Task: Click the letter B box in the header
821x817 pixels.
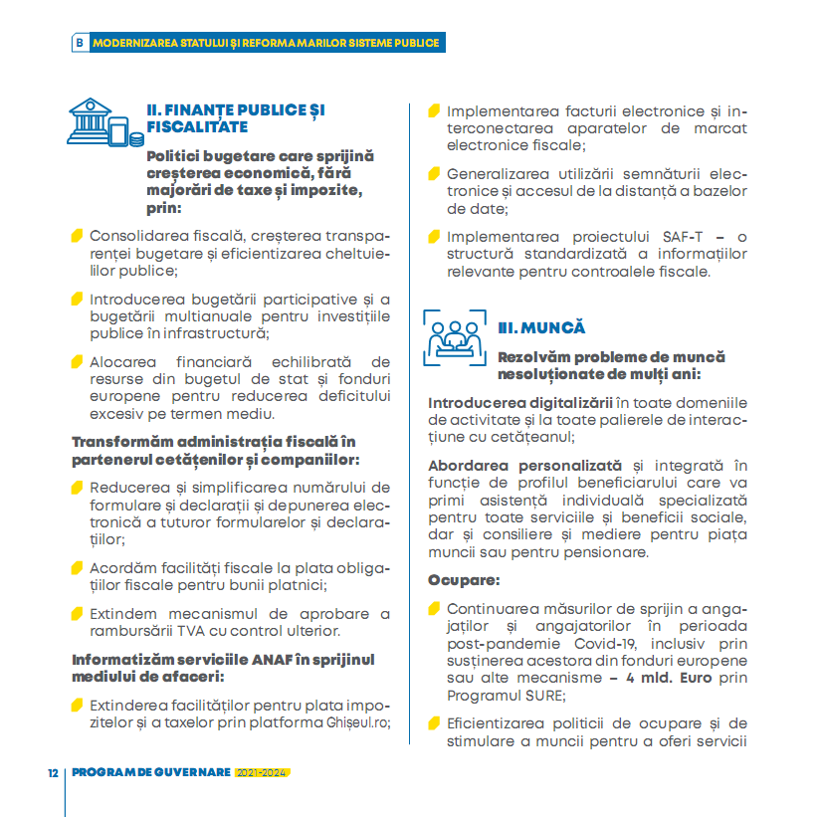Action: click(80, 43)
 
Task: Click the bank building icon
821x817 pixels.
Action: click(101, 121)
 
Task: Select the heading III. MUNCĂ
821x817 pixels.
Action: click(541, 327)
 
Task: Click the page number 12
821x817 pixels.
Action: click(52, 773)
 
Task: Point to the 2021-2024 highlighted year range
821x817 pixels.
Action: click(262, 773)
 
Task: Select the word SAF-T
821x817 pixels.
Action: click(684, 236)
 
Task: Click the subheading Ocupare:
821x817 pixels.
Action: click(463, 579)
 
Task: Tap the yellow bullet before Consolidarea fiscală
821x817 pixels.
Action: click(77, 237)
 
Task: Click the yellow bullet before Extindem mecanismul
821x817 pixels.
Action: click(77, 613)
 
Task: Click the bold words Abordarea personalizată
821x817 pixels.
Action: click(524, 465)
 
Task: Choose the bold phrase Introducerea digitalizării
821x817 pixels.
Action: click(520, 402)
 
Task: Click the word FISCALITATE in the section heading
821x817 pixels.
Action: click(197, 127)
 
